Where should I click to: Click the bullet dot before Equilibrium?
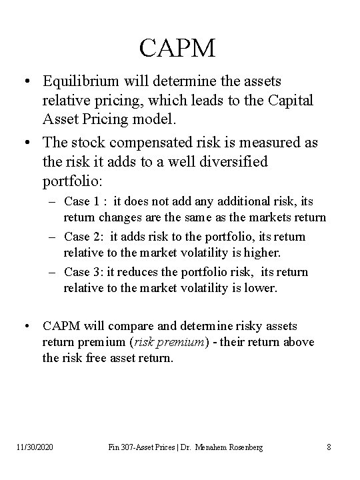[27, 81]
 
